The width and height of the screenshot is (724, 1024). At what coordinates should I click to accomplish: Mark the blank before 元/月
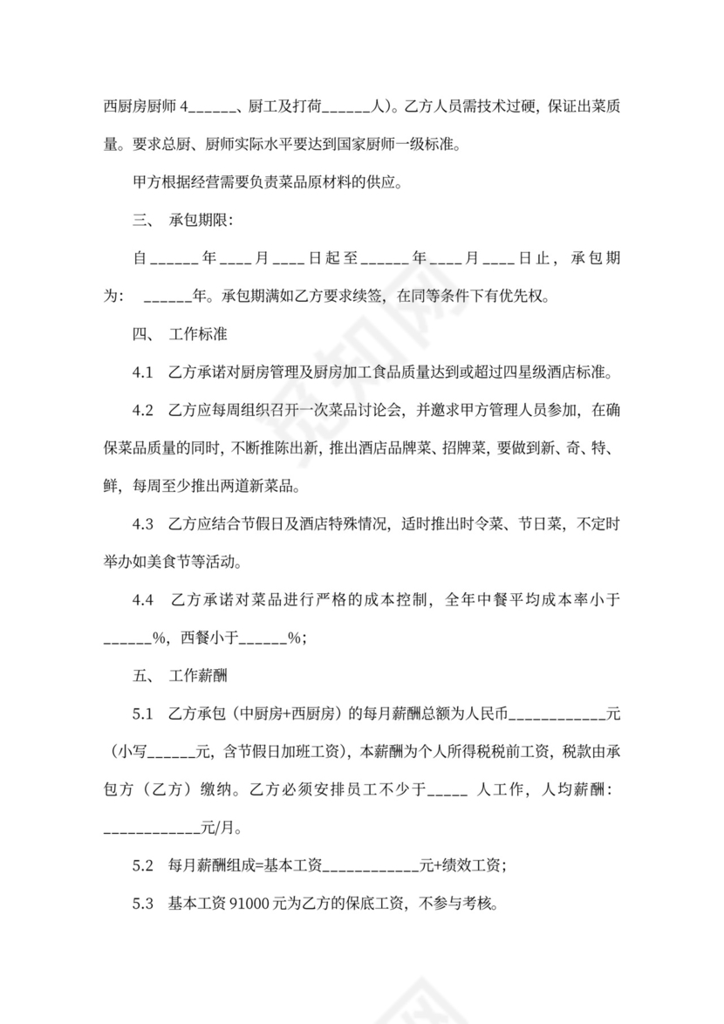coord(153,828)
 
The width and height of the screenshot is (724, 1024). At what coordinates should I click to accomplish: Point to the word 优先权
coord(523,297)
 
